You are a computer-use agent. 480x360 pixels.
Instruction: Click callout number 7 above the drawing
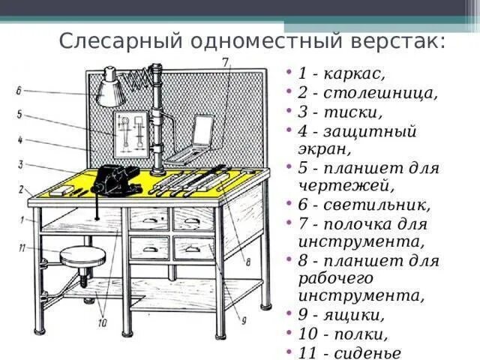[225, 62]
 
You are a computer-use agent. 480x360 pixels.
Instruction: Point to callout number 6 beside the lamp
[18, 91]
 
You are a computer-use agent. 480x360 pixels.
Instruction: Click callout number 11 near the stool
[23, 247]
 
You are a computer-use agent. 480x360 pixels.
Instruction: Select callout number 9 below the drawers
[244, 320]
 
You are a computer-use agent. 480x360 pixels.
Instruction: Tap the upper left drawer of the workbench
[148, 219]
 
